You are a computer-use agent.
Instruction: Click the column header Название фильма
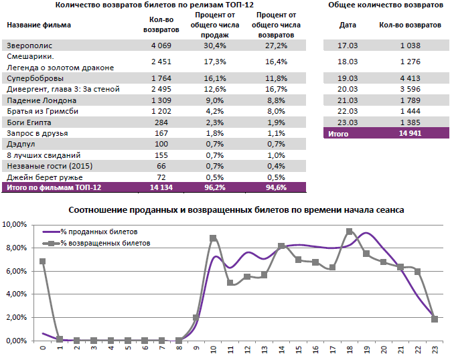39,25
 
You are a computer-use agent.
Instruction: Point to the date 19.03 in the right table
347,78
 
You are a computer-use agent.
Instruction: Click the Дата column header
348,25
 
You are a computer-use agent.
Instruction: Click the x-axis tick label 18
349,349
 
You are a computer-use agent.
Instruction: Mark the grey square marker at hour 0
43,262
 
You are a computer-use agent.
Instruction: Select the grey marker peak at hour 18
349,232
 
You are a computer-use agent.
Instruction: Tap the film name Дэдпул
21,143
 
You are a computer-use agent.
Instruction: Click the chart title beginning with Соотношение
236,210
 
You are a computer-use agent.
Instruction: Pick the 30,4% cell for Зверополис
219,46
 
